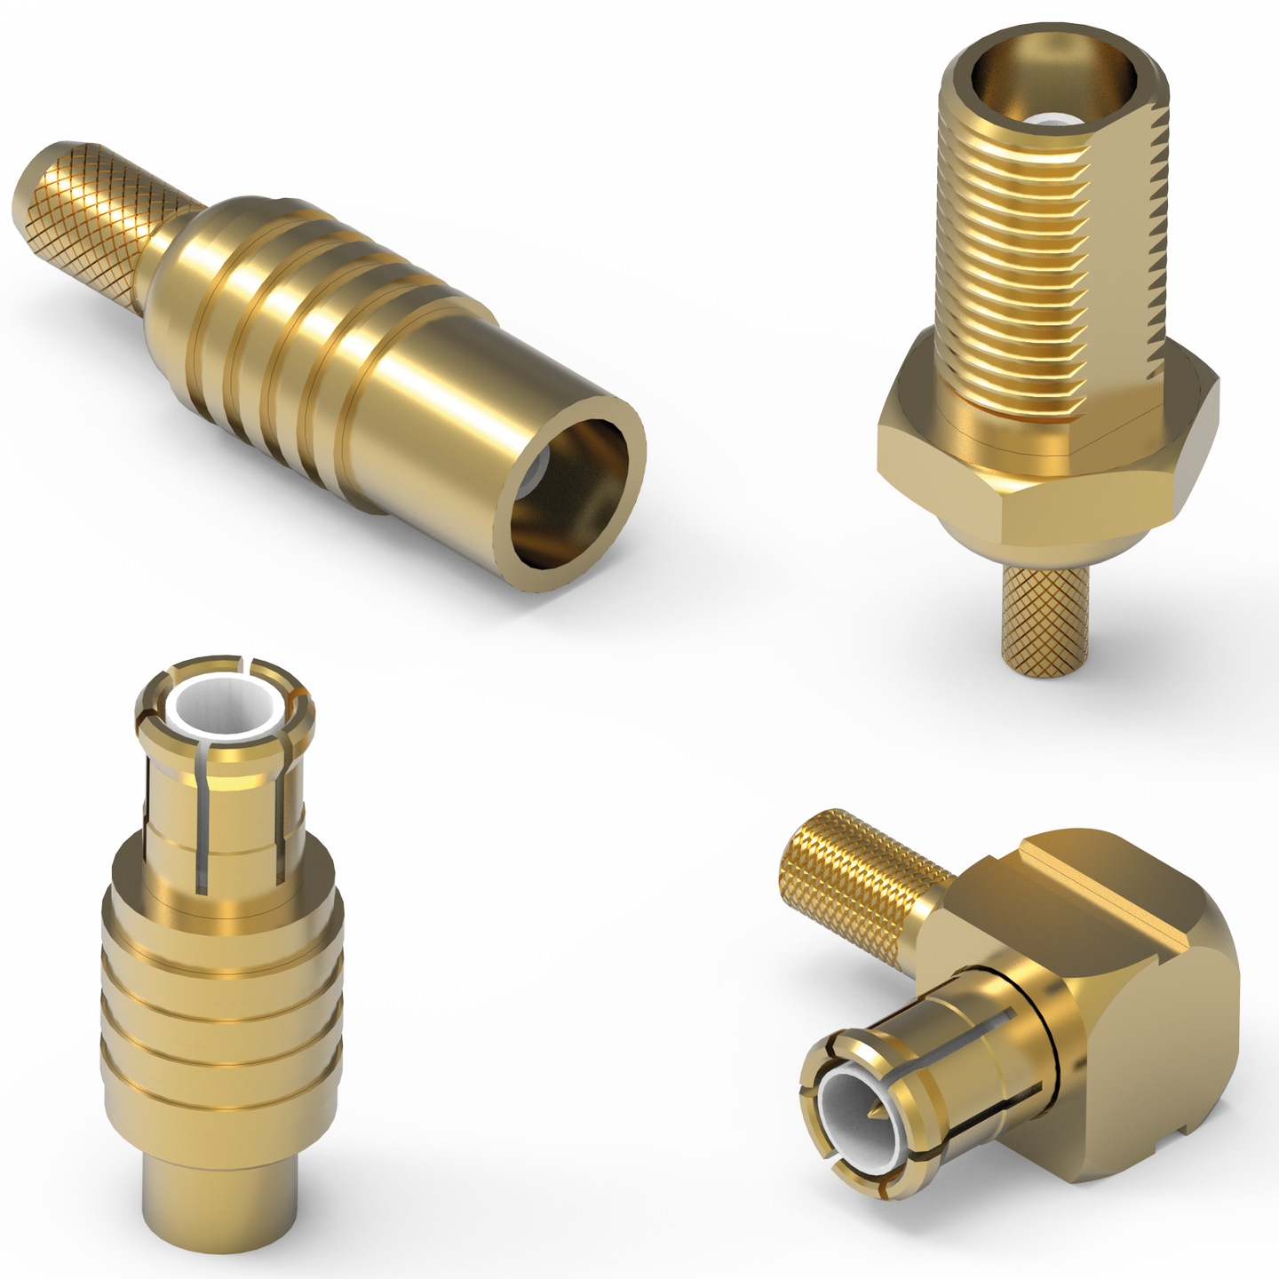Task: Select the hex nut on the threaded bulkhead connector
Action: [1048, 462]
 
